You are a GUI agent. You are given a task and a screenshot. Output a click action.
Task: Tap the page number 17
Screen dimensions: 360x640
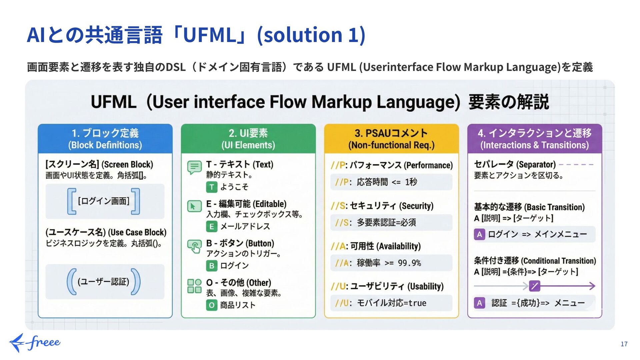(624, 344)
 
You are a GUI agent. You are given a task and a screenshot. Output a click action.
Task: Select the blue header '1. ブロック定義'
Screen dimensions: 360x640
(105, 139)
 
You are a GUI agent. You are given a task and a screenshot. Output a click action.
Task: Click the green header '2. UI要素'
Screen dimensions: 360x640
(248, 139)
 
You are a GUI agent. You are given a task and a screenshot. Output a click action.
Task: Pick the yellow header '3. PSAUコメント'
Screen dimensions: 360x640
(391, 139)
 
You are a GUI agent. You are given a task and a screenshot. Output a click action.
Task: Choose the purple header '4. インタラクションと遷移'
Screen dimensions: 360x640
(534, 139)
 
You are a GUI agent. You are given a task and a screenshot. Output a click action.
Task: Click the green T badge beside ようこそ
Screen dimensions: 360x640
(212, 187)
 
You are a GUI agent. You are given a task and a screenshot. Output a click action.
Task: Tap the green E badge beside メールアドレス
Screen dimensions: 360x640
(212, 227)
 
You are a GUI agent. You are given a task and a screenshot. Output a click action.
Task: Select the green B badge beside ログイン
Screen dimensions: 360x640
(212, 266)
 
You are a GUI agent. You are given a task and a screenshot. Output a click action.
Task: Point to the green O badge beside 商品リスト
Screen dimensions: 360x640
(212, 305)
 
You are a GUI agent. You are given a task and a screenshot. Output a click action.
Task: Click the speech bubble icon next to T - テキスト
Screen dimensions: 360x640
(194, 167)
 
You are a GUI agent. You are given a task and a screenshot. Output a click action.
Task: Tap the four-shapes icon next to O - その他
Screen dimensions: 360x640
(194, 286)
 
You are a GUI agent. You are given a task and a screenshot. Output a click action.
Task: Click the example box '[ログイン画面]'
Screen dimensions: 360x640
(105, 201)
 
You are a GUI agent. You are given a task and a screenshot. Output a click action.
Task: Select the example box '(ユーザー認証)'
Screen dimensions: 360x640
(105, 282)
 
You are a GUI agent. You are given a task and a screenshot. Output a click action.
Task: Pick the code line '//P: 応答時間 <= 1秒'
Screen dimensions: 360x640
(391, 182)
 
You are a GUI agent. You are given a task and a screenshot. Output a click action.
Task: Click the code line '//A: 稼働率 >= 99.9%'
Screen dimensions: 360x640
(391, 263)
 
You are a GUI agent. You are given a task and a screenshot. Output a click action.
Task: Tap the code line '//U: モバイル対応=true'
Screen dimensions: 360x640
(391, 303)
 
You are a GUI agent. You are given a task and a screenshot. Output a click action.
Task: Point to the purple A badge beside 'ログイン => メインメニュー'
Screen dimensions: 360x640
(479, 234)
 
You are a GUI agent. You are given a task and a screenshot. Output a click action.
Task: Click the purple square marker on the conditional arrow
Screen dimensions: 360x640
(534, 286)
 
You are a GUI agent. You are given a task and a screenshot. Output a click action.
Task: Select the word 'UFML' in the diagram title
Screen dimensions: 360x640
(113, 102)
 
